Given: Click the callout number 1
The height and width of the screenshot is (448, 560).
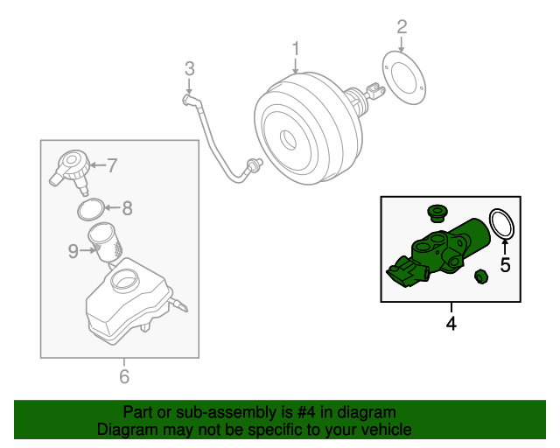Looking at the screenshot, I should click(x=296, y=48).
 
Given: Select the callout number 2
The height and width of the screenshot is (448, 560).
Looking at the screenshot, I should click(x=402, y=27).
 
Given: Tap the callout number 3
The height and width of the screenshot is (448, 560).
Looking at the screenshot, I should click(x=188, y=68).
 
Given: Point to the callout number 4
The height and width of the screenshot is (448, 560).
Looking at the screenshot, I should click(x=451, y=324).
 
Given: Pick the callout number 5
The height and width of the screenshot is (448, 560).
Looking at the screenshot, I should click(x=505, y=265).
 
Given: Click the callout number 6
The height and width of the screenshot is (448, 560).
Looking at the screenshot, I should click(x=123, y=377).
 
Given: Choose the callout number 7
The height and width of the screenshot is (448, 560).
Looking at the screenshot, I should click(x=111, y=164).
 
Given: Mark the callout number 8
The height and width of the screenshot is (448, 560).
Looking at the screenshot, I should click(x=127, y=208).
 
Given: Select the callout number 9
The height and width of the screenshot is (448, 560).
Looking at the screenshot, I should click(x=73, y=251).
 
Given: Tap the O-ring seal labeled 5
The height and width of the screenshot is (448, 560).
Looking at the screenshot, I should click(x=500, y=224).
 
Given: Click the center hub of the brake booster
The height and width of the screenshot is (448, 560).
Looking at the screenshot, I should click(x=285, y=137).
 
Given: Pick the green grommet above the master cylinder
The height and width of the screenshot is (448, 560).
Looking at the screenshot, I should click(x=435, y=213).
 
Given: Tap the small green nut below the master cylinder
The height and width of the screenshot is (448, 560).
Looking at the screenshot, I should click(x=479, y=277).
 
